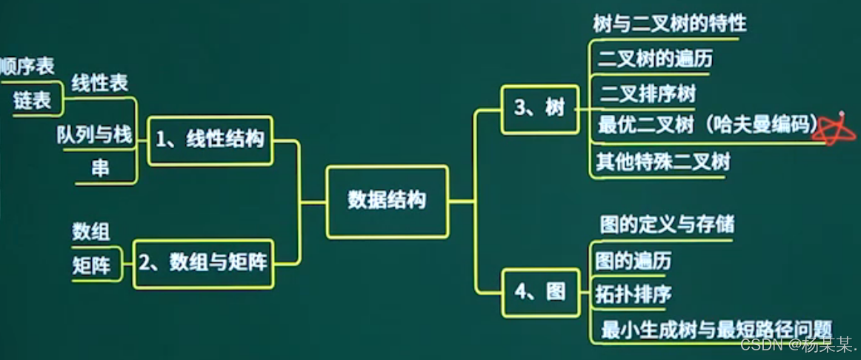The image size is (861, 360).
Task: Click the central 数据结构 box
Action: click(x=387, y=201)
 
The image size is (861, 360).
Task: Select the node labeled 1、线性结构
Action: click(x=210, y=139)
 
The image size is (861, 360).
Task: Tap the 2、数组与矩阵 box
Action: click(x=204, y=262)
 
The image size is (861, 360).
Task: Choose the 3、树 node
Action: click(x=539, y=109)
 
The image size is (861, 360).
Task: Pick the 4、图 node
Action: click(x=540, y=292)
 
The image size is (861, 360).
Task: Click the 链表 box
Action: click(x=32, y=101)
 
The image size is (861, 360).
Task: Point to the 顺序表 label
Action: click(x=27, y=67)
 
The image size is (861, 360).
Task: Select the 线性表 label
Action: click(x=99, y=84)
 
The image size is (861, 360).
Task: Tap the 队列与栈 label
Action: click(x=94, y=135)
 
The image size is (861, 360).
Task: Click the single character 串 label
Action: click(x=100, y=169)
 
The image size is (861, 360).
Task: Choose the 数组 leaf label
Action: click(x=91, y=232)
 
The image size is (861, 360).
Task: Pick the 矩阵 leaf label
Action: click(x=91, y=265)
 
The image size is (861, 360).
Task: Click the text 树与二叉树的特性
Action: click(x=669, y=24)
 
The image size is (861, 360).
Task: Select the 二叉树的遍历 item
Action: click(x=654, y=58)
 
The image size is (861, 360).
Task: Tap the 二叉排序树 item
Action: click(x=647, y=93)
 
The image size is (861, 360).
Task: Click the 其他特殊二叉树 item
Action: click(x=663, y=161)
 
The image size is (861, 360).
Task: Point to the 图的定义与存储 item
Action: click(x=666, y=223)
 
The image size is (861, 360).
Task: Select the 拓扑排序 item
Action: click(x=633, y=293)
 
